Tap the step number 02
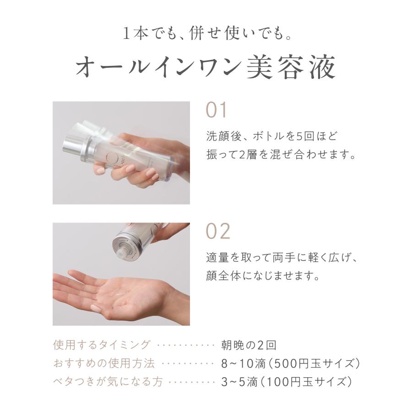click(x=217, y=232)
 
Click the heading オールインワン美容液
click(x=206, y=67)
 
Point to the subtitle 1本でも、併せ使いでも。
click(x=206, y=33)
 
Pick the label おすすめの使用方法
click(x=104, y=363)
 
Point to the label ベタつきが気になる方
click(x=108, y=381)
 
